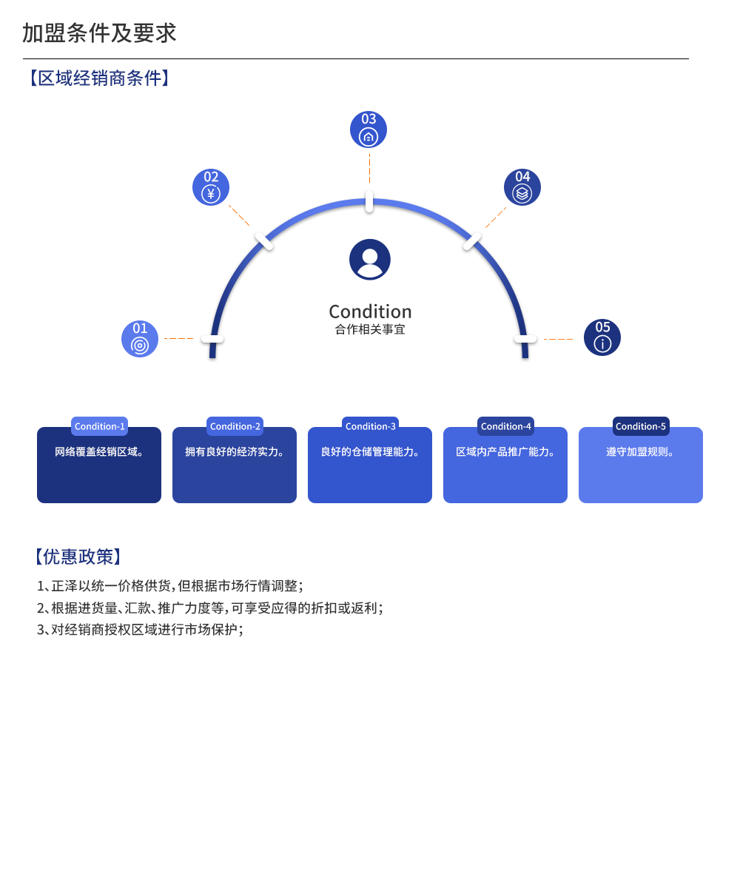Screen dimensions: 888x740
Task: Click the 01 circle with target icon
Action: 140,339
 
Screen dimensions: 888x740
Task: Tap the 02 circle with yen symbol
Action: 211,187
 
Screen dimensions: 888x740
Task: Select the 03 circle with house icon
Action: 369,129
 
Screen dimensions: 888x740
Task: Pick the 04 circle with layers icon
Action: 522,187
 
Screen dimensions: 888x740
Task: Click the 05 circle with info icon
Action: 602,337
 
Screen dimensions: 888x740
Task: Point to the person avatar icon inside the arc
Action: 370,260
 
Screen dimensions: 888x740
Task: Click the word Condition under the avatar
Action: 370,311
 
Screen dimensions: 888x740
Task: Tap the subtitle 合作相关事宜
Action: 370,329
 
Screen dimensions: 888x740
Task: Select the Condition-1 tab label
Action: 100,426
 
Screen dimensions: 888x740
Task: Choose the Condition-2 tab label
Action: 235,426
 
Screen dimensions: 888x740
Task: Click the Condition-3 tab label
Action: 371,426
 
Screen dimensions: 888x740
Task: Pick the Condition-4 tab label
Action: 506,426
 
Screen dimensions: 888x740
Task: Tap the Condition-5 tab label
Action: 641,426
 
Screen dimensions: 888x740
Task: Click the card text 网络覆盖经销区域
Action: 99,451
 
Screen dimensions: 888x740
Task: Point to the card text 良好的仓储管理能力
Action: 370,451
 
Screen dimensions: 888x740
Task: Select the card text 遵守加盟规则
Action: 641,451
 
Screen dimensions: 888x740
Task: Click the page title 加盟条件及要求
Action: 99,33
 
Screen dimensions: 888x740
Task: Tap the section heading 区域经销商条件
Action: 99,78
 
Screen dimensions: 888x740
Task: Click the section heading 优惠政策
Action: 78,556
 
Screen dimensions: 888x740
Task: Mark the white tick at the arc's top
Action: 369,201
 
